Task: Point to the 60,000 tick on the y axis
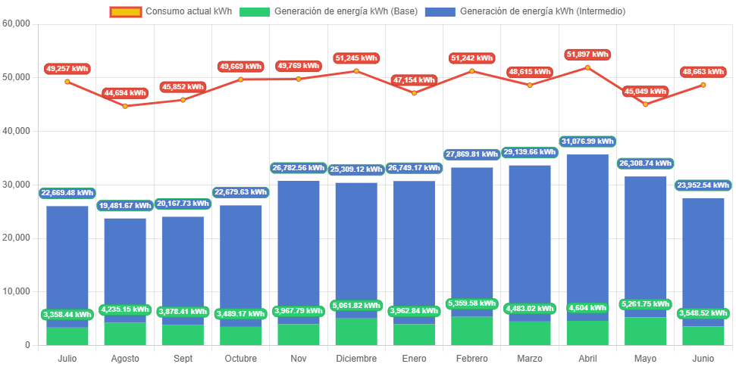pyautogui.click(x=16, y=23)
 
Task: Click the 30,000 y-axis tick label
pyautogui.click(x=16, y=184)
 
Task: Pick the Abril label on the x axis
pyautogui.click(x=587, y=356)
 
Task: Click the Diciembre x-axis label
pyautogui.click(x=355, y=356)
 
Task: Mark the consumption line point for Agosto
pyautogui.click(x=125, y=106)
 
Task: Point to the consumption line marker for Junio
pyautogui.click(x=703, y=85)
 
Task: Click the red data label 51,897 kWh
pyautogui.click(x=587, y=54)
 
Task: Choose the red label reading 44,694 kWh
pyautogui.click(x=125, y=92)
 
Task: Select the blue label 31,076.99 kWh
pyautogui.click(x=587, y=142)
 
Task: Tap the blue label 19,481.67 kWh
pyautogui.click(x=125, y=206)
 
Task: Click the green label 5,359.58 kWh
pyautogui.click(x=471, y=304)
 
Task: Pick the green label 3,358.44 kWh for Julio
pyautogui.click(x=67, y=314)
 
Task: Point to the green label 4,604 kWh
pyautogui.click(x=587, y=308)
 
